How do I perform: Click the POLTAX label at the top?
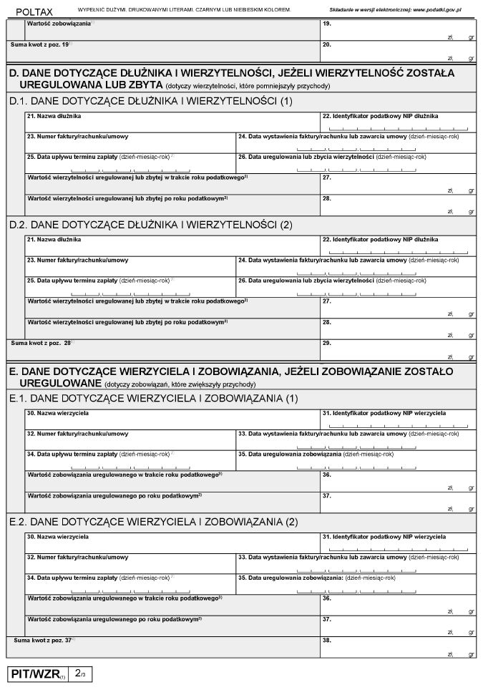point(34,12)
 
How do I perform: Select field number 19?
point(398,29)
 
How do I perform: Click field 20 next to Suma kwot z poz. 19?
point(398,50)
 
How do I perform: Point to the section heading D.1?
point(151,101)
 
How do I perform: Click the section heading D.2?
point(151,225)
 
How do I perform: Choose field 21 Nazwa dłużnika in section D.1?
point(172,122)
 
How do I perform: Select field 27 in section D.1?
point(398,184)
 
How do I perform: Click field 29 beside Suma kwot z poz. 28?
point(398,349)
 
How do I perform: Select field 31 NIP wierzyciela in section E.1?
point(398,419)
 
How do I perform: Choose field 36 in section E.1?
point(398,481)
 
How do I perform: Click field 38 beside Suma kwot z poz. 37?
point(398,646)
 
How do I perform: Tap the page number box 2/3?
point(80,674)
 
